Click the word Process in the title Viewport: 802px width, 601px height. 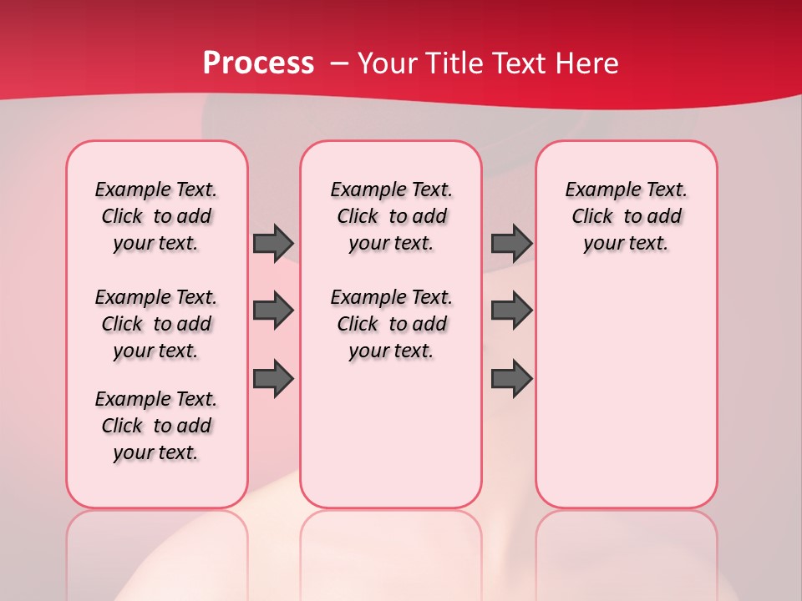pyautogui.click(x=258, y=63)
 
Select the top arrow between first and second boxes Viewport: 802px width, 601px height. pyautogui.click(x=273, y=243)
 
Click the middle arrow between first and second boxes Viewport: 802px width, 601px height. pyautogui.click(x=273, y=311)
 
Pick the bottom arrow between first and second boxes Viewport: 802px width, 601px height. pyautogui.click(x=273, y=379)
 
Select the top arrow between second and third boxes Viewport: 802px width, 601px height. pyautogui.click(x=511, y=243)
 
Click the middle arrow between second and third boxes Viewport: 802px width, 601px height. pyautogui.click(x=511, y=311)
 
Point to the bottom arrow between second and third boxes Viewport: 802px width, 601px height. pyautogui.click(x=511, y=379)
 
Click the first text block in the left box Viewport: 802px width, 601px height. pyautogui.click(x=156, y=216)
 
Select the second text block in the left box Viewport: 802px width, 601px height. pyautogui.click(x=156, y=324)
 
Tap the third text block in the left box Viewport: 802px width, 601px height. pyautogui.click(x=156, y=426)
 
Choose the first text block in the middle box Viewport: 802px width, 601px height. pyautogui.click(x=391, y=216)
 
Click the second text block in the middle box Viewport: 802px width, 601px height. pyautogui.click(x=391, y=324)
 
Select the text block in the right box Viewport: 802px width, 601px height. pyautogui.click(x=626, y=216)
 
